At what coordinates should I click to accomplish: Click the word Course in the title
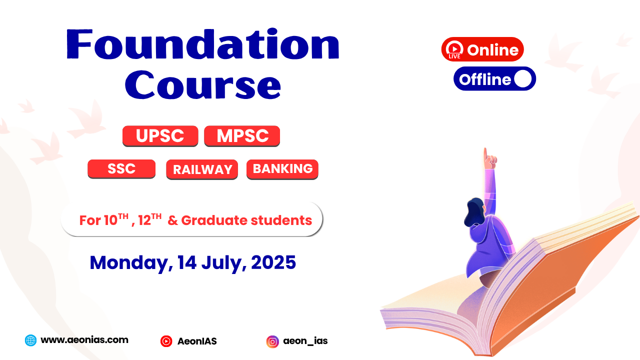(203, 85)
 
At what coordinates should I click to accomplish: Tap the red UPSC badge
(160, 136)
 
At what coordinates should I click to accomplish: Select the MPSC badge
(242, 136)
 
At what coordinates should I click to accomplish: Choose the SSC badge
(121, 169)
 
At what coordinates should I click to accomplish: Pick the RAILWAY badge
(202, 169)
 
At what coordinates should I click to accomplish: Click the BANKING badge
(282, 169)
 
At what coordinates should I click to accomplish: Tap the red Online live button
(482, 49)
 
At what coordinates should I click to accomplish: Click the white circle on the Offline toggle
(523, 78)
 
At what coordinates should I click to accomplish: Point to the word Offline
(485, 79)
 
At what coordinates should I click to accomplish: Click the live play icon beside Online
(454, 49)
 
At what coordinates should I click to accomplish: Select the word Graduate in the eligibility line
(214, 220)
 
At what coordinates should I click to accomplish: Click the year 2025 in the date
(273, 262)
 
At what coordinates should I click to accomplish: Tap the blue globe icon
(30, 340)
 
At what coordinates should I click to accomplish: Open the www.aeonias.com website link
(84, 339)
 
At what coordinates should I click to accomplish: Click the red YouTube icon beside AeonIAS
(166, 341)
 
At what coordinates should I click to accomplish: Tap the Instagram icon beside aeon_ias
(272, 341)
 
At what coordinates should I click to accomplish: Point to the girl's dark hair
(474, 212)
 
